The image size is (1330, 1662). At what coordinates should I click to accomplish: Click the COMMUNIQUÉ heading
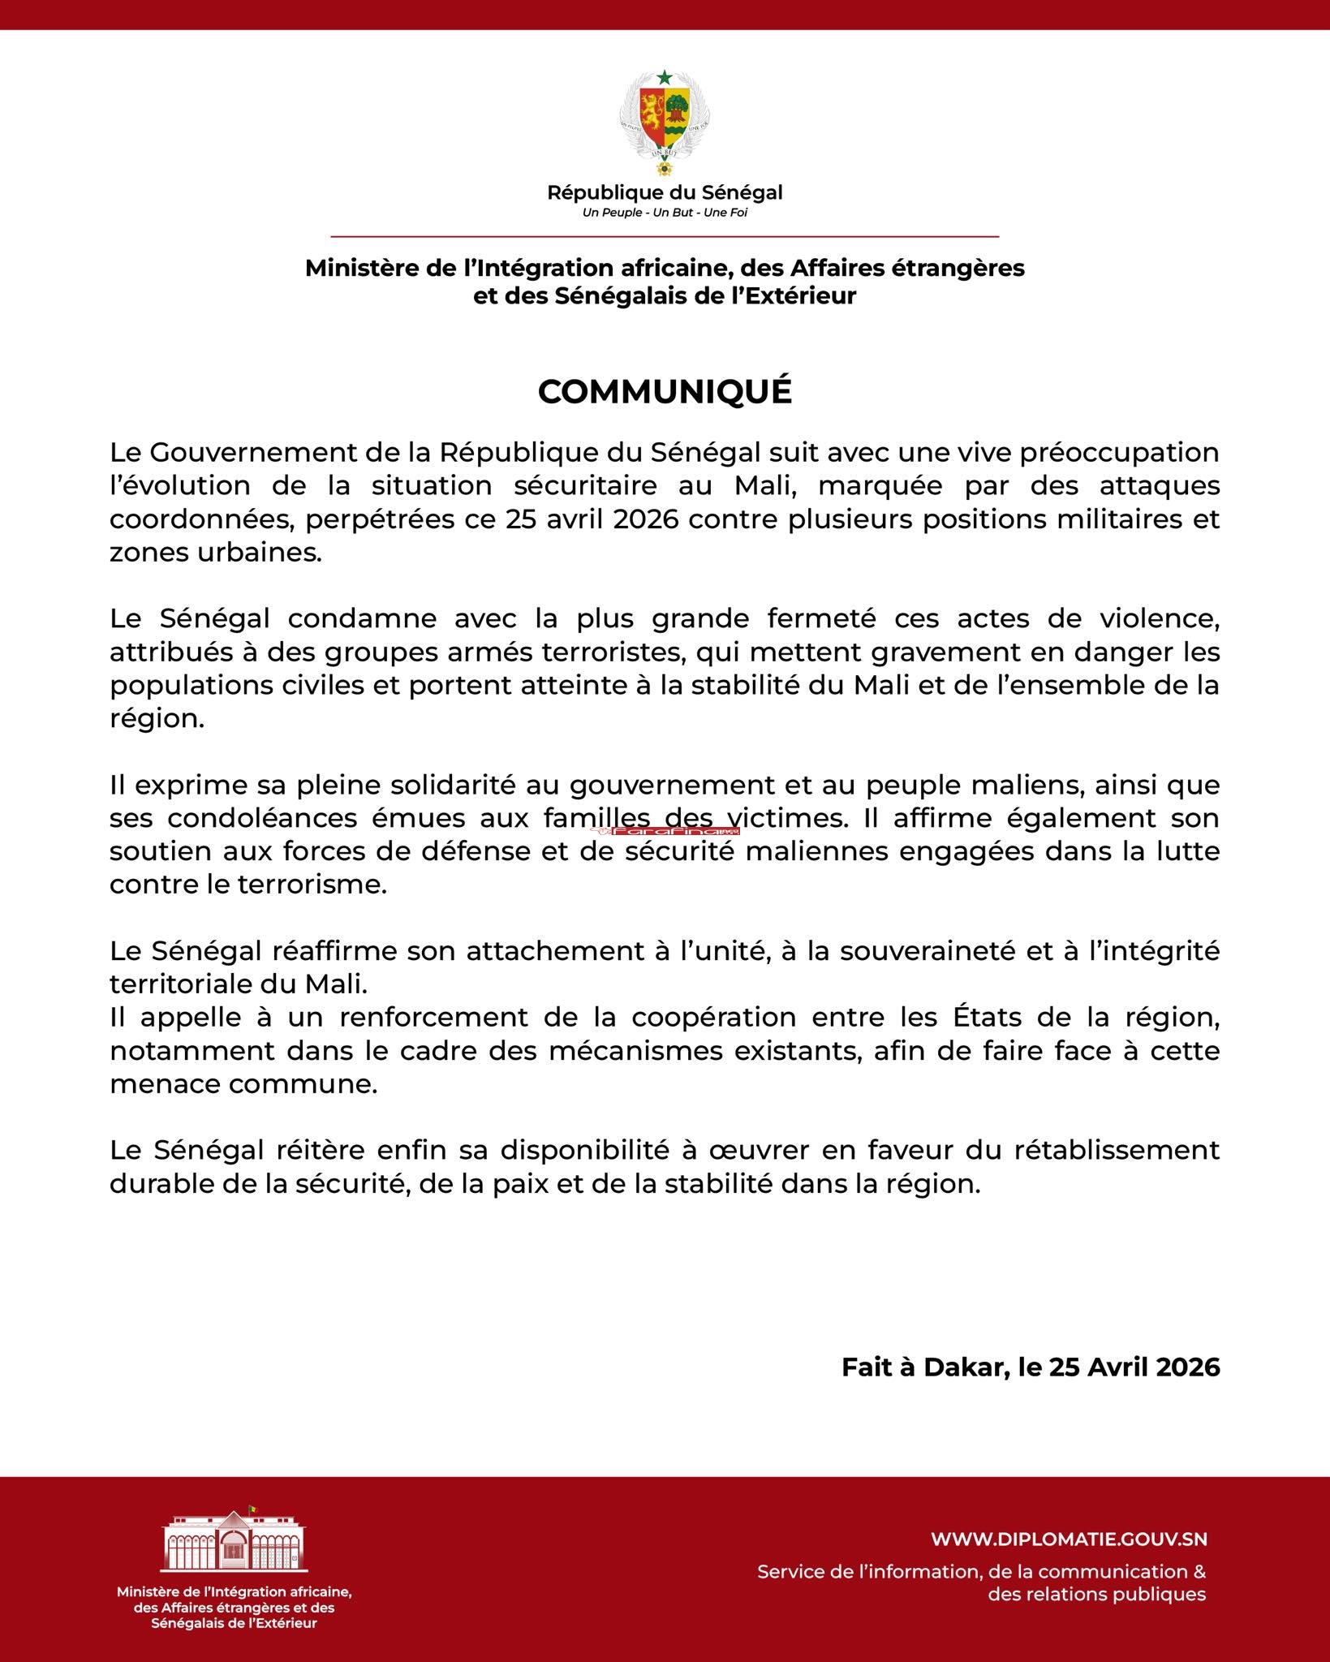coord(665,392)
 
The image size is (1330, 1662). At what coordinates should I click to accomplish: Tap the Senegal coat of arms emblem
coord(665,122)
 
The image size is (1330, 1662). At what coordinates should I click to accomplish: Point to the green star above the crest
coord(665,78)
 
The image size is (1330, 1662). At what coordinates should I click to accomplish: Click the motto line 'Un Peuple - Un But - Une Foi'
coord(665,213)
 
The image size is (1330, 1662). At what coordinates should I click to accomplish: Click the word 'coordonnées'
coord(202,519)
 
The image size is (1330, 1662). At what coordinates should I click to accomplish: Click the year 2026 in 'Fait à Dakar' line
coord(1188,1367)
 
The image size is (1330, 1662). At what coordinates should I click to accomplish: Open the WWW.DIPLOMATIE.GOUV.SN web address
coord(1069,1539)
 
